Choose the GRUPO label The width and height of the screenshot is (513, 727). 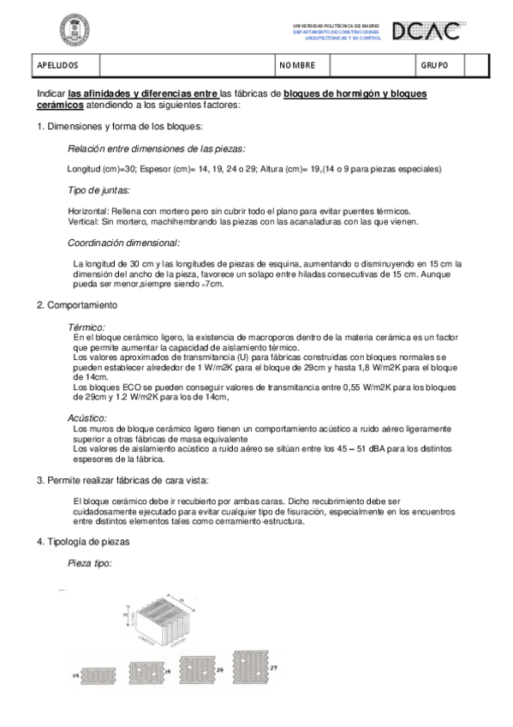coord(435,66)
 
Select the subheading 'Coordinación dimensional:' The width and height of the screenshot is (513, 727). coord(123,243)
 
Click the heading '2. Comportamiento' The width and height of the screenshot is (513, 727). coord(78,305)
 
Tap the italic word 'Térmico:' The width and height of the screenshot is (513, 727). coord(86,327)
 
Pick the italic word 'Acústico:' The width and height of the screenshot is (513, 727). coord(87,418)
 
